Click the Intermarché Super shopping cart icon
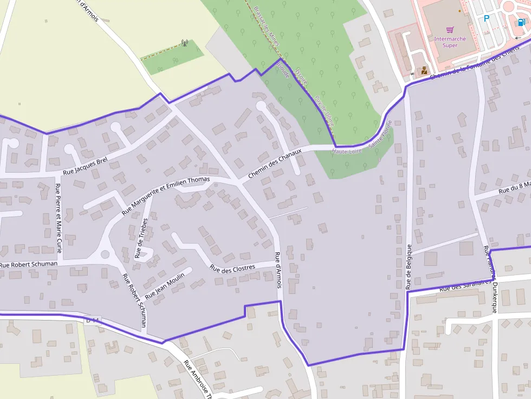449,30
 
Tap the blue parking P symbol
487,18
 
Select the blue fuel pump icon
521,22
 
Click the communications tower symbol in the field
184,43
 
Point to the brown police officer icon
424,70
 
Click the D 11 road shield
93,320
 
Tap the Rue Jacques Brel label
85,166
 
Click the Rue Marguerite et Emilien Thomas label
165,195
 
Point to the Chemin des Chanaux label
274,164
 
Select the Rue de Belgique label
409,267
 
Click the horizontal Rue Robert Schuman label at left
29,265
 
